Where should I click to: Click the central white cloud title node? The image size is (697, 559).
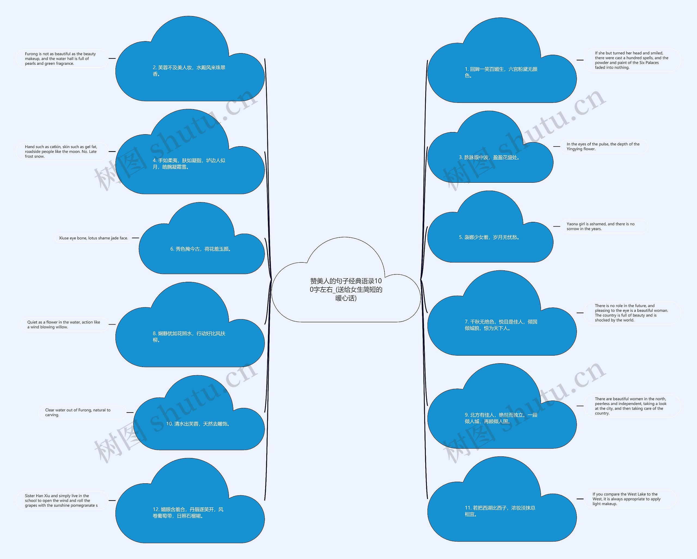click(346, 289)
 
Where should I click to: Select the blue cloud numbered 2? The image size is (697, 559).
click(190, 71)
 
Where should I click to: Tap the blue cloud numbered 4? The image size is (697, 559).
click(190, 164)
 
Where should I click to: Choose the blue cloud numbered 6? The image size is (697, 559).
click(201, 249)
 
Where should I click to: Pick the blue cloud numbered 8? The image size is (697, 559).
click(190, 337)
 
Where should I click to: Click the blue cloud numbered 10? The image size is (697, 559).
click(199, 424)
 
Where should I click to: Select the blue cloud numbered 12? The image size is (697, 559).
click(190, 513)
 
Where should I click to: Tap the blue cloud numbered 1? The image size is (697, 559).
click(502, 72)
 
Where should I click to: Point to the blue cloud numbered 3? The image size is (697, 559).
click(490, 158)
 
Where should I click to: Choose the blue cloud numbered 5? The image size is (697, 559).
click(490, 238)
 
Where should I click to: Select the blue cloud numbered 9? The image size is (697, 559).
click(502, 418)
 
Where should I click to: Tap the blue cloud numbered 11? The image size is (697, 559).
click(502, 511)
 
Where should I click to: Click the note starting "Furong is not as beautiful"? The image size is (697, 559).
click(62, 59)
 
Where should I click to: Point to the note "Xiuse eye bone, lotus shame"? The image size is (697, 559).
click(93, 238)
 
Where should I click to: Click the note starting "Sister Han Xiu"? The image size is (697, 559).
click(62, 500)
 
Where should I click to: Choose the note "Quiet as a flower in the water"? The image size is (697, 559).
click(64, 325)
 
